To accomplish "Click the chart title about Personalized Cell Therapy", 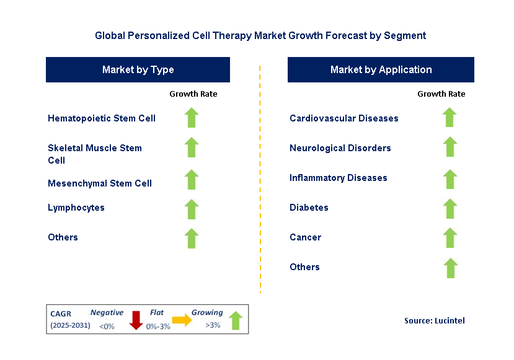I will pos(260,35).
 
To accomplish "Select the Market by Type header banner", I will pos(138,69).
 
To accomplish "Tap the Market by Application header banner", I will pos(381,69).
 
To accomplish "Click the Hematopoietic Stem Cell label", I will pos(102,118).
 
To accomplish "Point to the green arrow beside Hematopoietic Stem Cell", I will pos(192,118).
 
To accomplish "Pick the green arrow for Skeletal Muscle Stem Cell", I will pos(192,147).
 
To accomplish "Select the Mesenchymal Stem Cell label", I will pos(100,183).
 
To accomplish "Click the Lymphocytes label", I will pos(76,208).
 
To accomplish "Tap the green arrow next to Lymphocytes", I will pos(192,209).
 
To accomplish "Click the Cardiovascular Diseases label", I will pos(344,118).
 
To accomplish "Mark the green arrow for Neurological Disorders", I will pos(450,147).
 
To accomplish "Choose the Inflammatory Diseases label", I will pos(339,178).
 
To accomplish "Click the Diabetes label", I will pos(309,208).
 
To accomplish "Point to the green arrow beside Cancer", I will pos(450,237).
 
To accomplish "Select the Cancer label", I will pos(305,237).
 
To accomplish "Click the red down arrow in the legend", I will pos(136,320).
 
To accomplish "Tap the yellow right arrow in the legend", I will pos(182,320).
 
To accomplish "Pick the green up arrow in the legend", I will pos(235,320).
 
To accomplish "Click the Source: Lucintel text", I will pos(434,320).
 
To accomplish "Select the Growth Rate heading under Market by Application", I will pos(441,94).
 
